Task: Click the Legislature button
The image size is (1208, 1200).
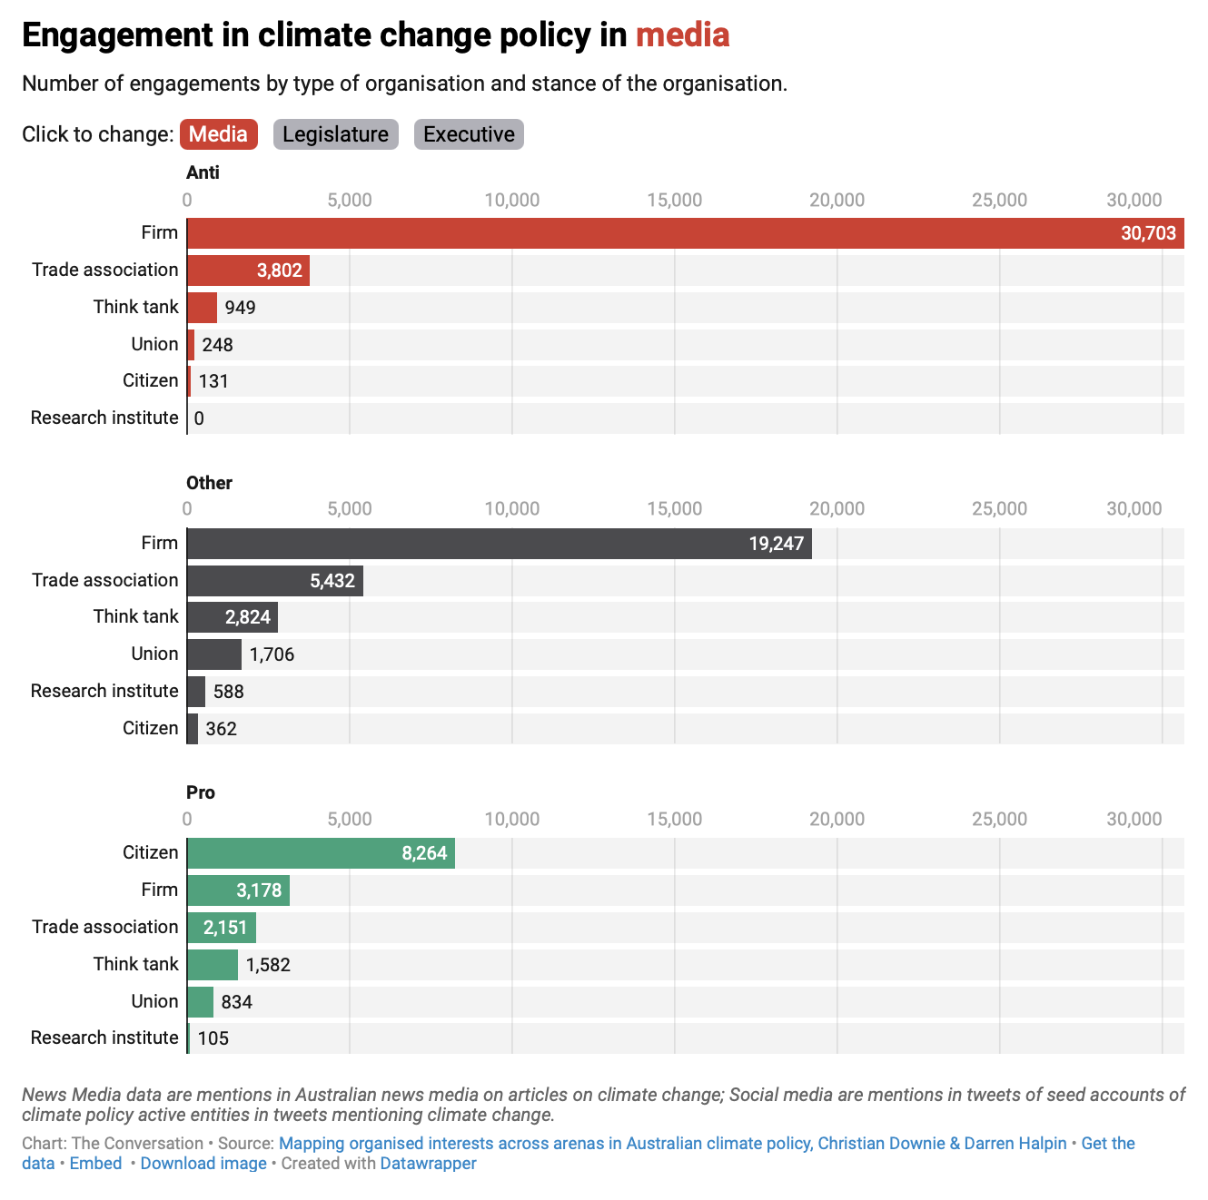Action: point(335,134)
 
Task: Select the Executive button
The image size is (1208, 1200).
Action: point(469,134)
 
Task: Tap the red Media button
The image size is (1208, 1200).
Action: point(218,134)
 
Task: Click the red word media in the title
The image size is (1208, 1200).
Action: point(682,35)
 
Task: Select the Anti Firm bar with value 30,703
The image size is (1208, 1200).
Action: point(685,233)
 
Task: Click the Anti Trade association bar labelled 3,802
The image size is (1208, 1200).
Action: point(248,270)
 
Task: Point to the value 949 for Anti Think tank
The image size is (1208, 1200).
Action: point(241,308)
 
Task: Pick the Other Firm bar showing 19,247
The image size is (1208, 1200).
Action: point(499,544)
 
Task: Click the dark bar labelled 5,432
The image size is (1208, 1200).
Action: point(274,581)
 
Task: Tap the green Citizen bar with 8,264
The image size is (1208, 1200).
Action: point(321,853)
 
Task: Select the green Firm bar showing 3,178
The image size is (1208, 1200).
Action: point(238,890)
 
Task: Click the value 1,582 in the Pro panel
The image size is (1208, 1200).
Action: point(268,965)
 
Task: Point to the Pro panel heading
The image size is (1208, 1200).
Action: point(201,792)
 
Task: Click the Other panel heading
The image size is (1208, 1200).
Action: point(209,483)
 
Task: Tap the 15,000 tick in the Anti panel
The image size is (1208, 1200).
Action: point(674,200)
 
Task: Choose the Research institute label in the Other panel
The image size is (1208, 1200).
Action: point(104,691)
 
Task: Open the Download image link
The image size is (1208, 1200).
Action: point(203,1163)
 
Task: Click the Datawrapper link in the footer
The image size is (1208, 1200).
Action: point(428,1163)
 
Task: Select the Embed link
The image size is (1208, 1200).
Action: point(95,1163)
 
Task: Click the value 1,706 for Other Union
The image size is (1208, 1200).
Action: point(272,654)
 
